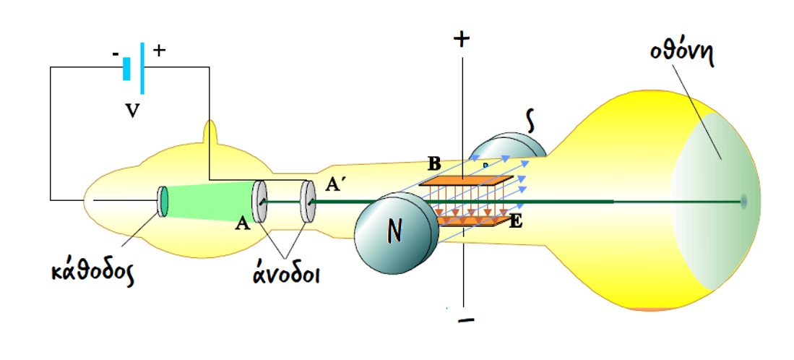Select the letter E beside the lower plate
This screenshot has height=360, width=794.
[x=515, y=220]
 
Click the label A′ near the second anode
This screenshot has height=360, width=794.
[x=333, y=185]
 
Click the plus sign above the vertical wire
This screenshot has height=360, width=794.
[x=461, y=39]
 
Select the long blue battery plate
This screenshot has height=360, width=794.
[x=142, y=69]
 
